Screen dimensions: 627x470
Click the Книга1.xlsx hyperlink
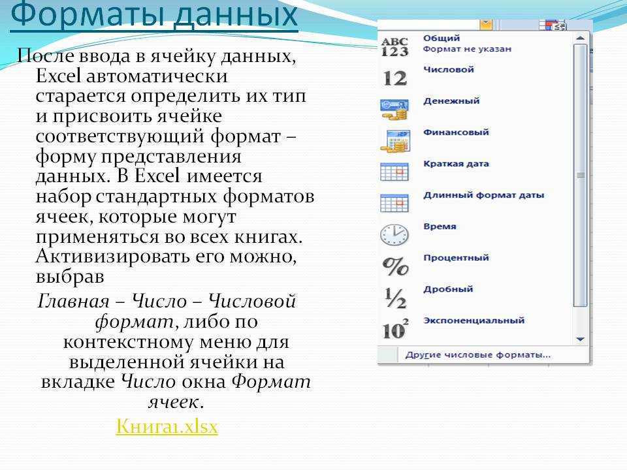coord(167,426)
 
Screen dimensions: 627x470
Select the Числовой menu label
coord(449,70)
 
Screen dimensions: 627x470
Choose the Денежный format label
coord(451,101)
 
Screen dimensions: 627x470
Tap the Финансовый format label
coord(457,133)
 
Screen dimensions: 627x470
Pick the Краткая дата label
coord(457,163)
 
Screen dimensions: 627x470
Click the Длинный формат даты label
coord(484,195)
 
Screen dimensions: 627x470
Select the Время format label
coord(440,227)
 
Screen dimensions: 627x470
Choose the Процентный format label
coord(457,258)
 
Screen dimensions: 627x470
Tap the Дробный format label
coord(448,289)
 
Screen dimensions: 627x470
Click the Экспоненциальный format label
coord(474,321)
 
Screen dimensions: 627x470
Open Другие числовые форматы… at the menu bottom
coord(478,355)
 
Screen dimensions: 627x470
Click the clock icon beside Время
coord(394,234)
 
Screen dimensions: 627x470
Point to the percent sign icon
coord(396,266)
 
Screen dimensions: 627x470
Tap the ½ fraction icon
coord(395,298)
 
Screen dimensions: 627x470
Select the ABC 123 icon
coord(394,47)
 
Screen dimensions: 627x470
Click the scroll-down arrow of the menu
coord(580,339)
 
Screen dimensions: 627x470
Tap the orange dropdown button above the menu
coord(486,24)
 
